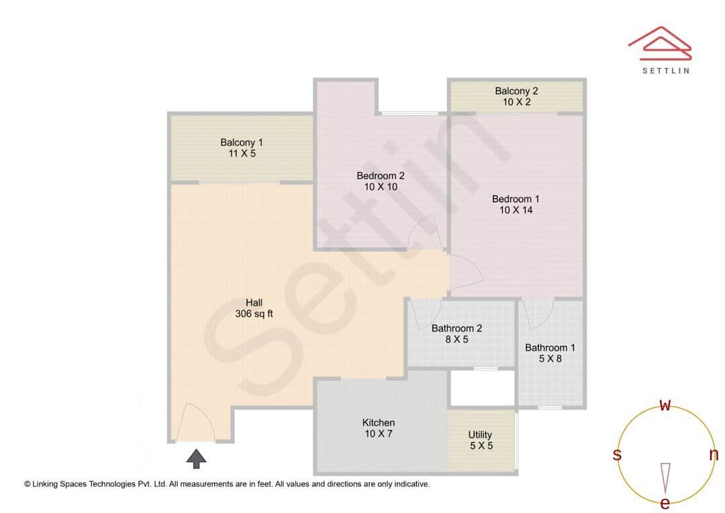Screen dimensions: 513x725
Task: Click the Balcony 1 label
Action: coord(242,142)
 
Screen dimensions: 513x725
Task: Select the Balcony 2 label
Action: coord(516,91)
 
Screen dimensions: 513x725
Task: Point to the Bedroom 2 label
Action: coord(381,176)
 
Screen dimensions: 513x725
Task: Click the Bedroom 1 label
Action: coord(516,199)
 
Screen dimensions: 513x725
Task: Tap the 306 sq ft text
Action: coord(254,314)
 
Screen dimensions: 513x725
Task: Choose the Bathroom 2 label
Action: coord(456,328)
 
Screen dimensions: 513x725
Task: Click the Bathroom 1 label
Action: coord(550,347)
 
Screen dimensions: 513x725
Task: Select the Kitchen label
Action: coord(379,422)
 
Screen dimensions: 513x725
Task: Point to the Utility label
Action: coord(480,434)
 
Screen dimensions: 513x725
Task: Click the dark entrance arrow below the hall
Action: coord(196,459)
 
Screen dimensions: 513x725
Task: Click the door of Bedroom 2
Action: coord(424,234)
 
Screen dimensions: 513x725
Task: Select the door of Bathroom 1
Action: coord(538,314)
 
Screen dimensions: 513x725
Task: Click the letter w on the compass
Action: coord(665,405)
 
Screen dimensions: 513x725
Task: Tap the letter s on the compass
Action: coord(617,455)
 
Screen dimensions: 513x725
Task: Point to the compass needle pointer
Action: coord(665,477)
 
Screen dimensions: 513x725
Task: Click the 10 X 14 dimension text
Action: coord(516,210)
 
